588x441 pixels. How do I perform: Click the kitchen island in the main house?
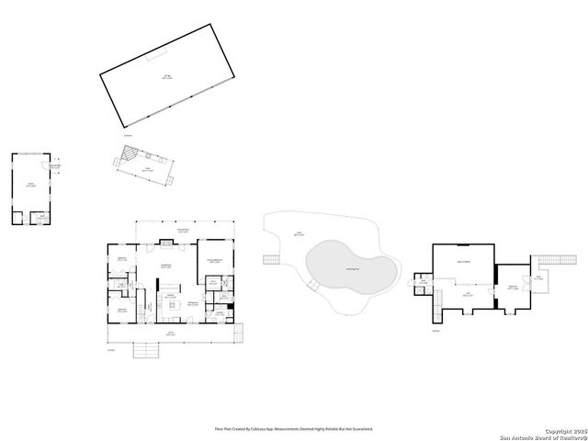click(171, 298)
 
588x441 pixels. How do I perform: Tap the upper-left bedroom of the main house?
click(122, 259)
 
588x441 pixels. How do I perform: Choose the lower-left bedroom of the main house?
click(121, 310)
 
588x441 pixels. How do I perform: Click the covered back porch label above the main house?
click(183, 231)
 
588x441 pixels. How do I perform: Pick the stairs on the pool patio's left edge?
click(270, 260)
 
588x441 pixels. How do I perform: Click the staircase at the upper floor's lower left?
click(438, 304)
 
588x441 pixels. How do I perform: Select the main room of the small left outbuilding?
click(31, 184)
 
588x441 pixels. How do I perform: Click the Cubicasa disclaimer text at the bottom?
click(294, 428)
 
